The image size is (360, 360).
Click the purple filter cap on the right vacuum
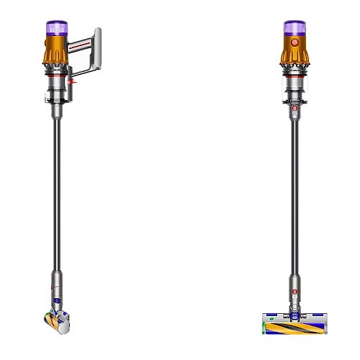pyautogui.click(x=294, y=27)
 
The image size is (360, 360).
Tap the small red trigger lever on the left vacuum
pyautogui.click(x=73, y=84)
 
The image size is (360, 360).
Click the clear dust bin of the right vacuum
pyautogui.click(x=294, y=91)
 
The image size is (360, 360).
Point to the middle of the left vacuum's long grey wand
pyautogui.click(x=57, y=187)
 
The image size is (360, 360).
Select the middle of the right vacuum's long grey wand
pyautogui.click(x=294, y=187)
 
